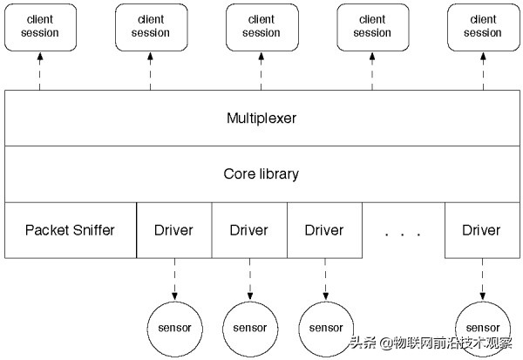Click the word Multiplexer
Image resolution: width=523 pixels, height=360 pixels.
(x=261, y=117)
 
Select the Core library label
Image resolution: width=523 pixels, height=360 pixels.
(x=261, y=173)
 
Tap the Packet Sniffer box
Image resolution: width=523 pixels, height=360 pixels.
(x=70, y=230)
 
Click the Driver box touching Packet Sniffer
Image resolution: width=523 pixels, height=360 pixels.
(x=174, y=230)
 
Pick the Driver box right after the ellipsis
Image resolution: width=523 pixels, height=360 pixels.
(x=481, y=230)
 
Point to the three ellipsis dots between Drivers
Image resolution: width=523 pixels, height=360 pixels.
(x=404, y=234)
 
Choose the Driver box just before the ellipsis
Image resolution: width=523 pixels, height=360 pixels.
(x=324, y=230)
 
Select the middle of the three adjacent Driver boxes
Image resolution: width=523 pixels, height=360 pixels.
(x=249, y=230)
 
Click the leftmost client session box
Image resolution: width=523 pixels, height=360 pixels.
(x=39, y=26)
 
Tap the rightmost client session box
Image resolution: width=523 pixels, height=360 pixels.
(x=482, y=26)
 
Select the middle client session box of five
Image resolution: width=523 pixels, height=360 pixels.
(x=261, y=26)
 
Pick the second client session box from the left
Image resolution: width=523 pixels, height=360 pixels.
(x=150, y=26)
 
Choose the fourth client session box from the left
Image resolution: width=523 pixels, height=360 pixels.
(x=372, y=26)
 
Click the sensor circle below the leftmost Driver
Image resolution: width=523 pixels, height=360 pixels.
(x=174, y=327)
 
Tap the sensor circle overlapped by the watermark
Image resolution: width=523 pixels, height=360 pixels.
(x=482, y=327)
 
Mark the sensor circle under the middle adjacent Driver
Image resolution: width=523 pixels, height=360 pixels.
(x=249, y=327)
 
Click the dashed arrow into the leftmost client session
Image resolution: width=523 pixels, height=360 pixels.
(x=39, y=70)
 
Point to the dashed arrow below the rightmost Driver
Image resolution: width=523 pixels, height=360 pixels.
(x=482, y=279)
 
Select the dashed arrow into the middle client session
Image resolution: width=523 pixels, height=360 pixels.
(x=261, y=70)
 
